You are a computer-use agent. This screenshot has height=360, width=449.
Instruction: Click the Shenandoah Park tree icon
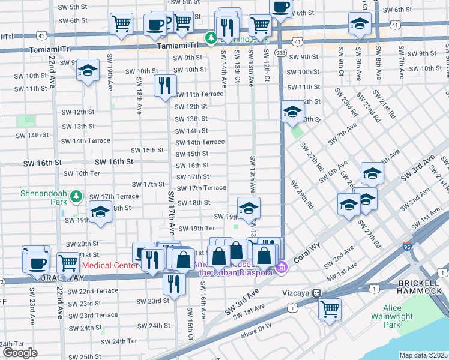(x=76, y=196)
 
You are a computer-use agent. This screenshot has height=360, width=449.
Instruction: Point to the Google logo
(x=20, y=353)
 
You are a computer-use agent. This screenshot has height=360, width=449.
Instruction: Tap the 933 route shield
(x=280, y=53)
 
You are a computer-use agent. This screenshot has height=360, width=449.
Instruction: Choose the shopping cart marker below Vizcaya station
(x=330, y=309)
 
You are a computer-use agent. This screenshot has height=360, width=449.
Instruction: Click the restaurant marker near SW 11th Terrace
(x=165, y=85)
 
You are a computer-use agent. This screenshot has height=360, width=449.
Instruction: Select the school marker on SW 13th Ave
(x=249, y=208)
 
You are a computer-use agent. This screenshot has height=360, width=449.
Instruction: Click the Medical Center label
(x=106, y=265)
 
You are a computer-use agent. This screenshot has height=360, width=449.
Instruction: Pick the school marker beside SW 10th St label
(x=88, y=71)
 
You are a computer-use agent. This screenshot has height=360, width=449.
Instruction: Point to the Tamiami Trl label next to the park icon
(x=178, y=45)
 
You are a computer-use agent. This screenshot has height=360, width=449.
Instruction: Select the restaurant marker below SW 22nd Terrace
(x=174, y=283)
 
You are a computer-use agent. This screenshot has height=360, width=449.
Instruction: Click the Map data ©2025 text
(x=424, y=355)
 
